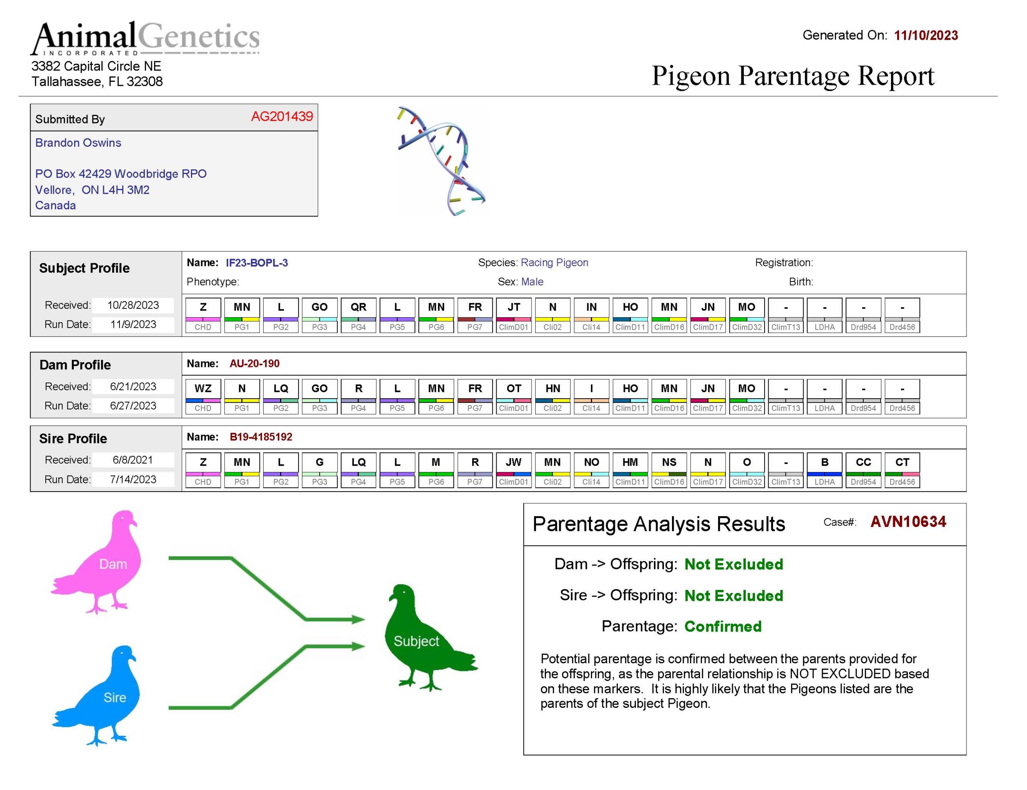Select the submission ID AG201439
coord(282,116)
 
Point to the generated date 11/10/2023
coord(926,35)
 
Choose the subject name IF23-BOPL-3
coord(257,263)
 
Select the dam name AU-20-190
coord(254,363)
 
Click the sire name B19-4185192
coord(261,437)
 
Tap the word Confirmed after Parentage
coord(723,626)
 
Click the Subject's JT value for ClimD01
coord(513,307)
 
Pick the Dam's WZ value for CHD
coord(203,389)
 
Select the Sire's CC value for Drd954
coord(863,462)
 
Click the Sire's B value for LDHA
coord(825,462)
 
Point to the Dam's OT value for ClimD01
coord(513,389)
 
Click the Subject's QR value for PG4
coord(358,307)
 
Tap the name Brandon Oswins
coord(78,142)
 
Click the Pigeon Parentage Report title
coord(793,76)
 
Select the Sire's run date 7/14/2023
coord(133,479)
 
